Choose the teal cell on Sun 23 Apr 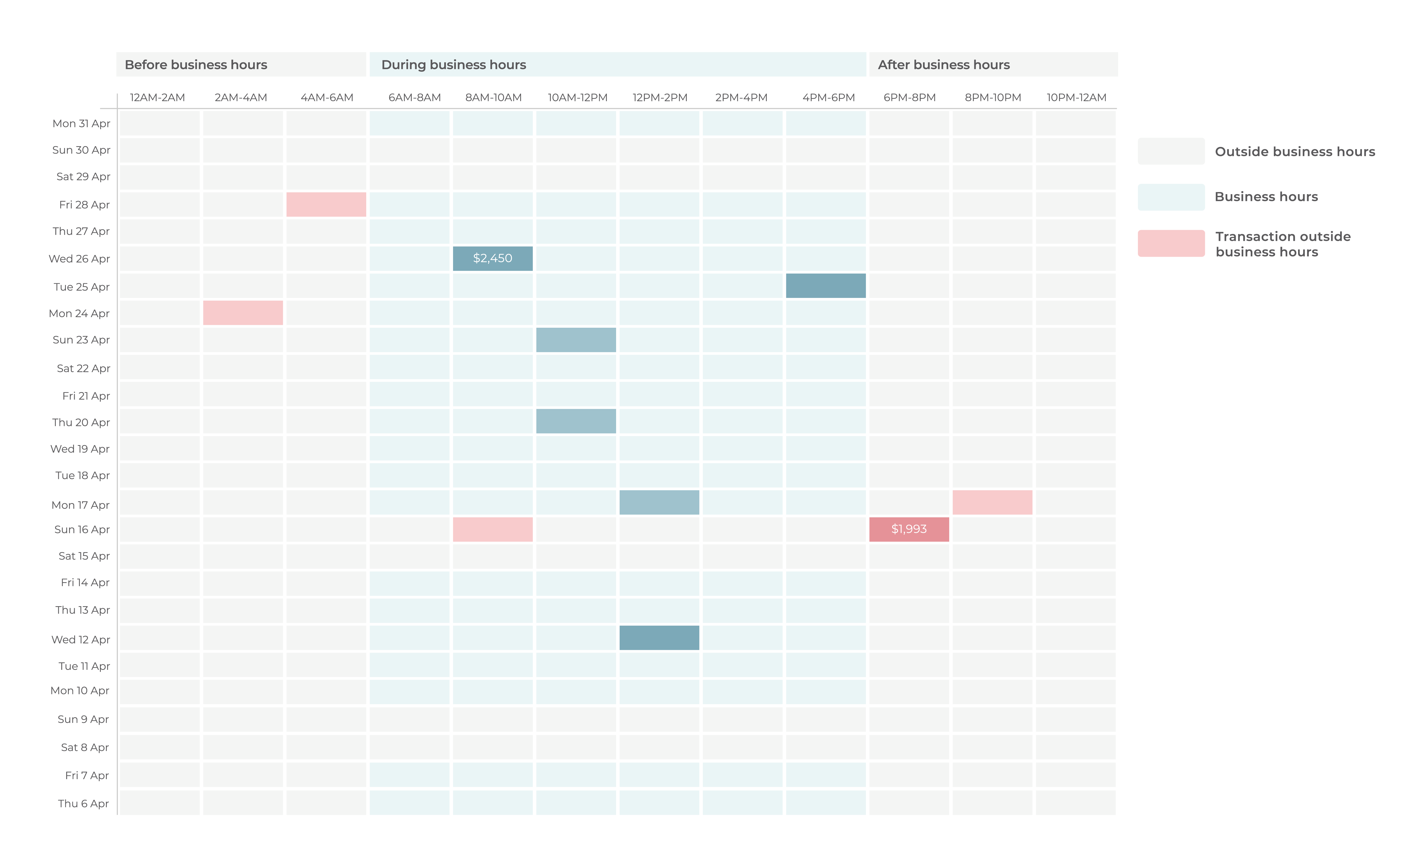[x=576, y=340]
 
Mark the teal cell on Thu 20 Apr [x=576, y=421]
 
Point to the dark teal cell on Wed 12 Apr [x=659, y=638]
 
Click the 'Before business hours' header [x=196, y=65]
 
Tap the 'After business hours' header [x=944, y=65]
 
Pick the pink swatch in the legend [x=1171, y=243]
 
